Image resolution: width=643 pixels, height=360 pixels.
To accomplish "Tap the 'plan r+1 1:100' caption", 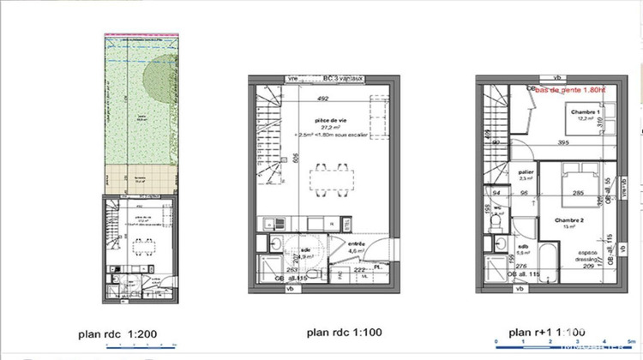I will click(x=549, y=332).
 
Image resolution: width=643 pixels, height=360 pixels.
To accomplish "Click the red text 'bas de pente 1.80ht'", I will click(x=570, y=88).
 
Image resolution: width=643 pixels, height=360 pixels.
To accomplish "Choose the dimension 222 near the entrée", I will click(x=359, y=269).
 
